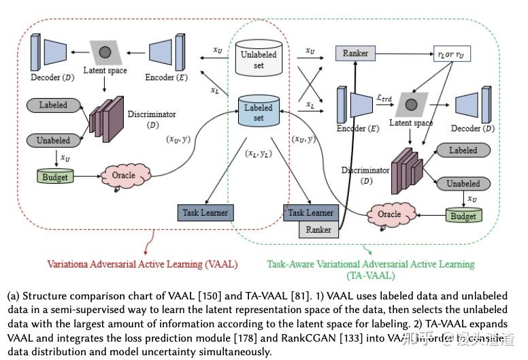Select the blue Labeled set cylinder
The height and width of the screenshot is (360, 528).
tap(258, 112)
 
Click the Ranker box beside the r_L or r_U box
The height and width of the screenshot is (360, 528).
tap(355, 52)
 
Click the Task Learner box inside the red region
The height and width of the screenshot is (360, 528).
tap(205, 212)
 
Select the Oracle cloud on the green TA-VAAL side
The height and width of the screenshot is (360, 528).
tap(390, 214)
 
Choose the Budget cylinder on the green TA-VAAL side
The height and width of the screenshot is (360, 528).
tap(463, 215)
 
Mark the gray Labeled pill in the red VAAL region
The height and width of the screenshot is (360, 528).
tap(53, 105)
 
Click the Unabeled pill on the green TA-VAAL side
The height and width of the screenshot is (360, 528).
tap(463, 183)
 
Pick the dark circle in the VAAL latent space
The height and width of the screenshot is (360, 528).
tap(105, 51)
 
